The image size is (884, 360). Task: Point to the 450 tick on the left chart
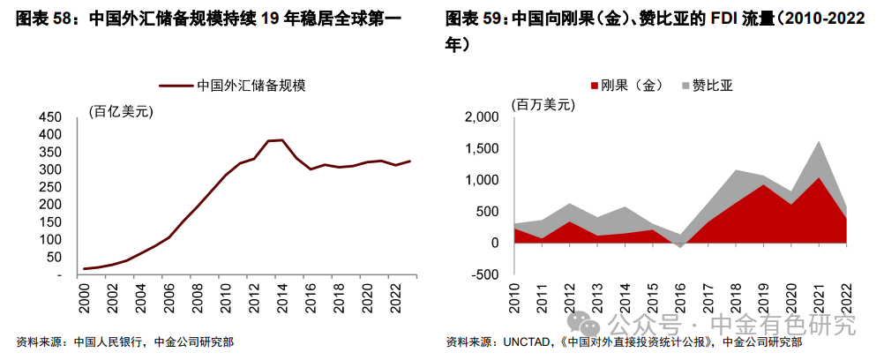point(49,117)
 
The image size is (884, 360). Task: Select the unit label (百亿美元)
point(121,109)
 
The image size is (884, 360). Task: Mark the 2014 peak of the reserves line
point(281,139)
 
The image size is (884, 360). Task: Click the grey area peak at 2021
point(820,141)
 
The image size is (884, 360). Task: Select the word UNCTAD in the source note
point(528,342)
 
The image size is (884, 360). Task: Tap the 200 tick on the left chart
point(49,205)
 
